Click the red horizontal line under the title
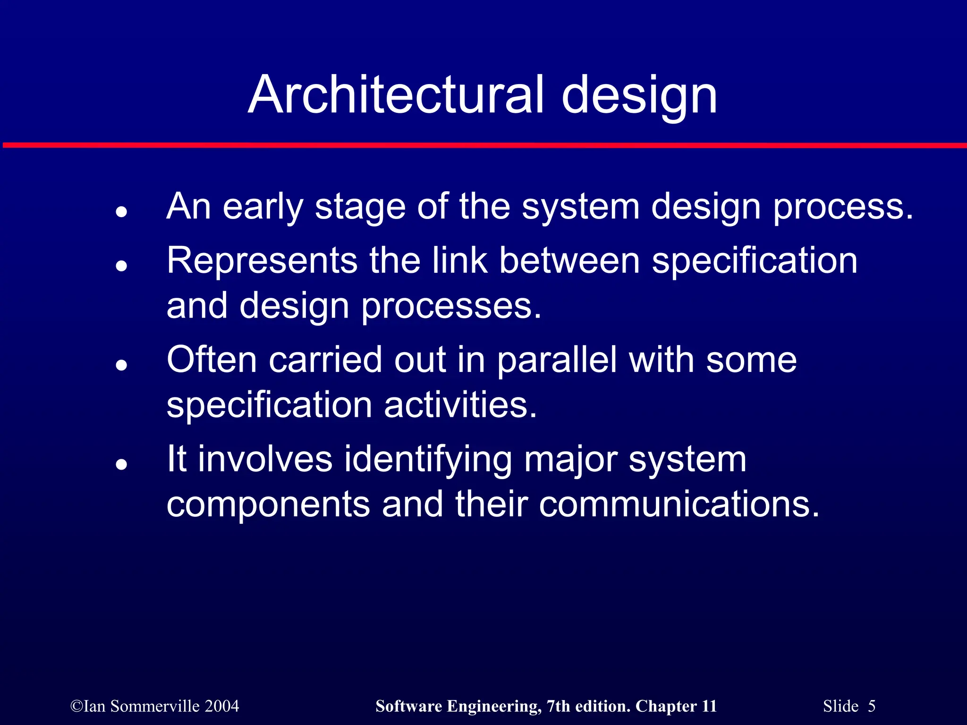(x=483, y=145)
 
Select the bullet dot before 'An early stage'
(x=122, y=212)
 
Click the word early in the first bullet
(x=263, y=208)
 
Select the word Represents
(x=262, y=261)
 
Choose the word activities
(x=460, y=405)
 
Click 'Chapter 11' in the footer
(x=676, y=706)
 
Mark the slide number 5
(x=871, y=706)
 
